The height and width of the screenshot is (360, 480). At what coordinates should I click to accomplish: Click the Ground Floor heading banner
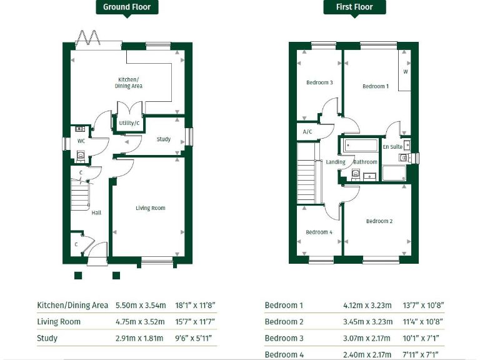tap(127, 7)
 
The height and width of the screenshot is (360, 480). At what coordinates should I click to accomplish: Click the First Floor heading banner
tap(354, 7)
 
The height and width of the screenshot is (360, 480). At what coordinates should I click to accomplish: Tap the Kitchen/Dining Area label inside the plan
tap(129, 82)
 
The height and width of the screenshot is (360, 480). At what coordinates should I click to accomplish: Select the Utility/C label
tap(129, 123)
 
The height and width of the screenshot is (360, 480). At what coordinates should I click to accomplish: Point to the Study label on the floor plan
tap(164, 139)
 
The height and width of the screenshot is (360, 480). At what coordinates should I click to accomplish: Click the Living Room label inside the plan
tap(151, 208)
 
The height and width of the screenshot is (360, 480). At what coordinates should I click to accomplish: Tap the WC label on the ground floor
tap(81, 141)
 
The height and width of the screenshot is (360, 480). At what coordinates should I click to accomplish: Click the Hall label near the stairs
tap(96, 212)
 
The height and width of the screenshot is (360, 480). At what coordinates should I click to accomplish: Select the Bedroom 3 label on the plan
tap(319, 82)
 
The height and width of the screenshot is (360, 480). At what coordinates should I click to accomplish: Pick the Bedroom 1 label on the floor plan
tap(376, 86)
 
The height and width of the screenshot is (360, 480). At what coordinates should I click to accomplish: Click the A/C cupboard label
tap(307, 132)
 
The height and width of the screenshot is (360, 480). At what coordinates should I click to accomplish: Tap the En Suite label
tap(392, 147)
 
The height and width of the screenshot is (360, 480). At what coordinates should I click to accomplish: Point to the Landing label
tap(336, 162)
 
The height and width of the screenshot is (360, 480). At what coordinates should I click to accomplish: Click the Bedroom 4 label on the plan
tap(319, 232)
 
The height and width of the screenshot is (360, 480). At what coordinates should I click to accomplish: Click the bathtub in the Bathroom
tap(360, 146)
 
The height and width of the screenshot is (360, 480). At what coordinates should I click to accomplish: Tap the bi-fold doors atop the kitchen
tap(88, 39)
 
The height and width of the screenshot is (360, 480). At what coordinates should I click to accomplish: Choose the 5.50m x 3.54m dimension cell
tap(141, 306)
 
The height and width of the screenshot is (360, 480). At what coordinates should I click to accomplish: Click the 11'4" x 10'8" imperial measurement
tap(424, 322)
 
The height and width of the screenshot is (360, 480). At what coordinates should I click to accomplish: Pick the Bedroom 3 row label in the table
tap(284, 338)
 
